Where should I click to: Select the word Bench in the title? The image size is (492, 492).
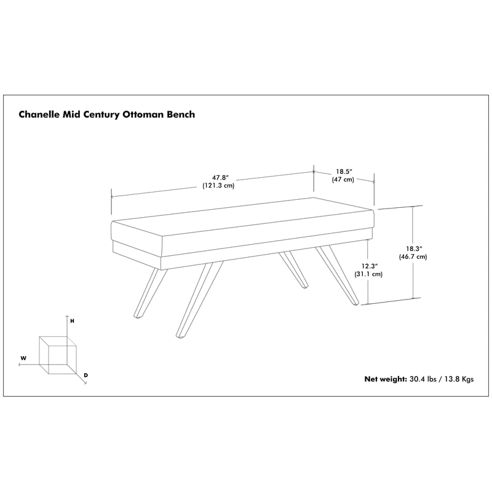tap(180, 114)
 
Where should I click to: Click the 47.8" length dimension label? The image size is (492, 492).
tap(219, 178)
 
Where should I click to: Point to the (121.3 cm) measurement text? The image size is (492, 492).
tap(218, 186)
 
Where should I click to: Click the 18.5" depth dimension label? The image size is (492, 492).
tap(344, 172)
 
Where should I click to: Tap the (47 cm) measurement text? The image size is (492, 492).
tap(343, 180)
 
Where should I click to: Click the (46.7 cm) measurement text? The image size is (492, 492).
tap(413, 256)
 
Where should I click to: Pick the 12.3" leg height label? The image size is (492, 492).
tap(370, 266)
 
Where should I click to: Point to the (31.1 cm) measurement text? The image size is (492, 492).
tap(368, 274)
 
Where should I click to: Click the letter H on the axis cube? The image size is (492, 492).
tap(72, 321)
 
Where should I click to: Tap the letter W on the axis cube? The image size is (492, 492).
tap(23, 358)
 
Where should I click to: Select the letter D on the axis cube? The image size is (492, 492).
tap(86, 375)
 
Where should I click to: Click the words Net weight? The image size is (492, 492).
tap(386, 379)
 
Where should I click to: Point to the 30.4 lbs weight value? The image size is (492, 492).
tap(423, 379)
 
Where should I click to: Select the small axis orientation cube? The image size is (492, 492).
tap(58, 355)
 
